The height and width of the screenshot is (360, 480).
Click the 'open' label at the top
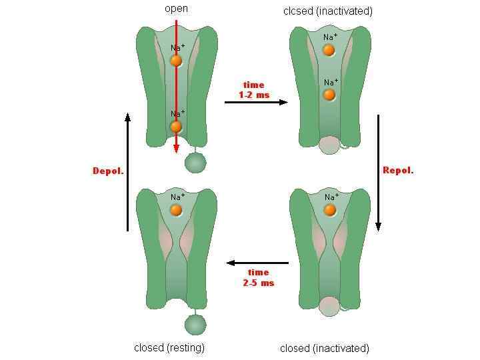[176, 9]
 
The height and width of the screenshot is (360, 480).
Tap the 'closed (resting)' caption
[169, 347]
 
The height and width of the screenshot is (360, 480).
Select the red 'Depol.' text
[108, 171]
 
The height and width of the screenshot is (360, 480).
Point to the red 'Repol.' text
[398, 170]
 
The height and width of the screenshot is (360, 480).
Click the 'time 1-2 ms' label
[254, 90]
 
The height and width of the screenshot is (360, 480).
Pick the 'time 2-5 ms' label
[258, 277]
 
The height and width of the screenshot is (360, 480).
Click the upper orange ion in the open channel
[176, 61]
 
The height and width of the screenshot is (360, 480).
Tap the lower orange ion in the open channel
[176, 127]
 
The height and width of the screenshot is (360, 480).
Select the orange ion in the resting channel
[176, 210]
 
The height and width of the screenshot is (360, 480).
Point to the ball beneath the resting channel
[195, 325]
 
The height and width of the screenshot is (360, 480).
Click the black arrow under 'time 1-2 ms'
[257, 102]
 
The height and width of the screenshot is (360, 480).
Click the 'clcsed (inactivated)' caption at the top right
[328, 11]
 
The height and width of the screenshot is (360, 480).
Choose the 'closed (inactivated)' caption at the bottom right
[325, 348]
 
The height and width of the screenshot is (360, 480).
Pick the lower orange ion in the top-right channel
[329, 95]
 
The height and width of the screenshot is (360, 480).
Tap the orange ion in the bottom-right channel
[329, 210]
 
